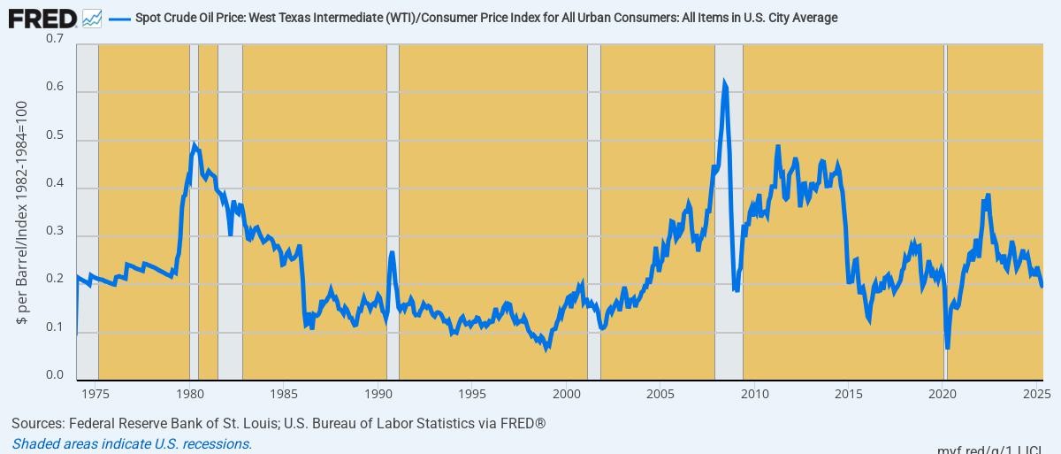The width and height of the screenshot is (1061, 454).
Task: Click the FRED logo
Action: click(x=42, y=18)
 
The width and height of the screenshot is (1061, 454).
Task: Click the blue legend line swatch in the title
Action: click(x=119, y=18)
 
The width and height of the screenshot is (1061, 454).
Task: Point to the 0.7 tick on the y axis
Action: click(x=55, y=40)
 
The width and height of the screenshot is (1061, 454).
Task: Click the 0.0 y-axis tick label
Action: click(x=55, y=376)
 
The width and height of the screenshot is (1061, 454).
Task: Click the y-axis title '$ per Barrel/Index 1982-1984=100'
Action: click(x=22, y=212)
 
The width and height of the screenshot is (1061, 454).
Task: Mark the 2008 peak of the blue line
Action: click(x=724, y=81)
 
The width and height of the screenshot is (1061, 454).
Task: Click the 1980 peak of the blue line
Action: click(x=194, y=144)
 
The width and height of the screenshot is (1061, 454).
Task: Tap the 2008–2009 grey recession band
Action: click(x=729, y=212)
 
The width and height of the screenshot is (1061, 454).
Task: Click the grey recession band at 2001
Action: click(x=594, y=212)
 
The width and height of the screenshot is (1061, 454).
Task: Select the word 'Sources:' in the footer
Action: click(x=37, y=424)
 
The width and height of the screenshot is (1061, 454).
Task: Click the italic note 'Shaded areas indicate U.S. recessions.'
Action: click(x=133, y=444)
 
